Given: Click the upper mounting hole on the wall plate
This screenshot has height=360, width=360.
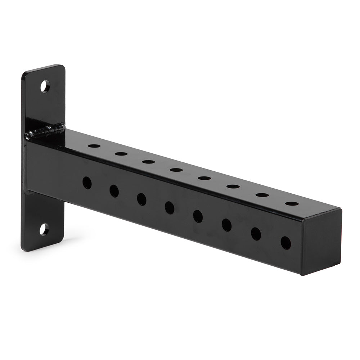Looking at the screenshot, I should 45,86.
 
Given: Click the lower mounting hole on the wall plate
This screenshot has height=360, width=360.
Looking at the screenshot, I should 44,229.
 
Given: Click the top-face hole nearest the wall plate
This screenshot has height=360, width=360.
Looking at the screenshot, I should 94,146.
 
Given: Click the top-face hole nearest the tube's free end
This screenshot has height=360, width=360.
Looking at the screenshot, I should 292,203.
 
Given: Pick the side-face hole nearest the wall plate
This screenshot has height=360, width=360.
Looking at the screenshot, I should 87,183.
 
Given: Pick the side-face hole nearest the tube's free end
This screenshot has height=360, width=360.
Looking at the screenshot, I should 286,243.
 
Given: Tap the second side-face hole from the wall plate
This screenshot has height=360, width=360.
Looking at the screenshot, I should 114,191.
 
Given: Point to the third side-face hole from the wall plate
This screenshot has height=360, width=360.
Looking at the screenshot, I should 141,199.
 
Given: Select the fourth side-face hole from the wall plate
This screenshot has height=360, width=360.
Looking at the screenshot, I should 170,208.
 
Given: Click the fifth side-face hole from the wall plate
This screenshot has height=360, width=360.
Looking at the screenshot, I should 198,216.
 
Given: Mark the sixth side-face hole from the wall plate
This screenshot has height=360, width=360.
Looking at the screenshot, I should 226,225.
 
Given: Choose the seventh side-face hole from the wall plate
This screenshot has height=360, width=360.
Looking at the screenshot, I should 256,234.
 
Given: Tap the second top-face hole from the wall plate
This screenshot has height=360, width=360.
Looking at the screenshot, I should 121,154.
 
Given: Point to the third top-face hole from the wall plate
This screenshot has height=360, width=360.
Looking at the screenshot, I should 148,162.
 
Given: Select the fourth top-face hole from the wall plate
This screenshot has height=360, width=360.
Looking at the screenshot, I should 176,170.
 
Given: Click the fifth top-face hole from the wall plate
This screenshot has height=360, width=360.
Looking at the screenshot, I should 204,178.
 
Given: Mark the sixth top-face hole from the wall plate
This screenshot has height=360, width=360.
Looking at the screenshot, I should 233,186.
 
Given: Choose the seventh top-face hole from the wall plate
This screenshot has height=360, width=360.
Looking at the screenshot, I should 262,195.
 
